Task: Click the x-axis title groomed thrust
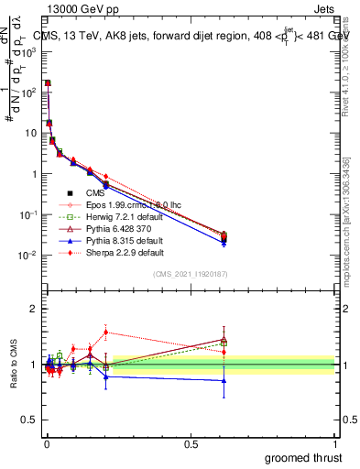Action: (303, 456)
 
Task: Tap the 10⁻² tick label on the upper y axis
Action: (27, 255)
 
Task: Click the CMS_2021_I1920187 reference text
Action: (190, 274)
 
